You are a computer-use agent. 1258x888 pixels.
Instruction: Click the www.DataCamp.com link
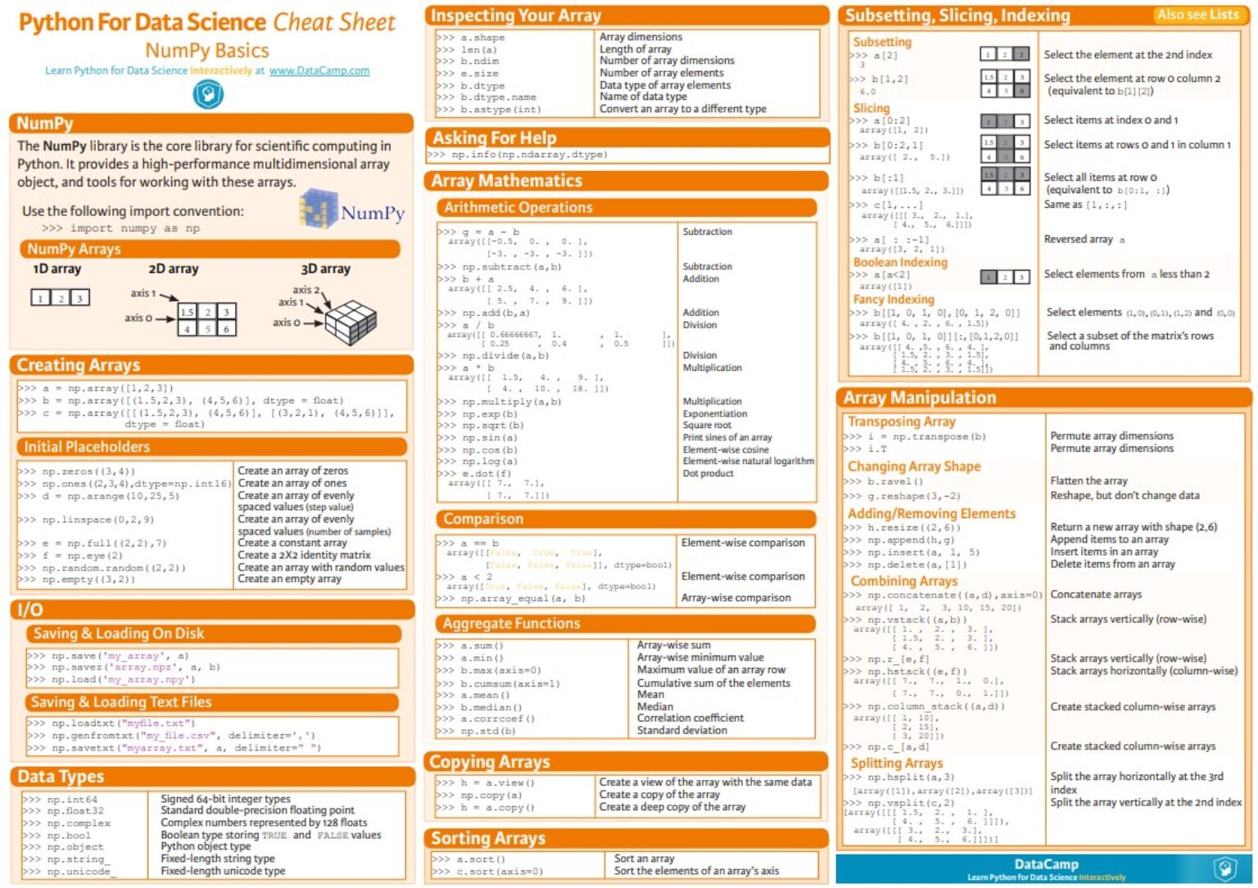coord(319,70)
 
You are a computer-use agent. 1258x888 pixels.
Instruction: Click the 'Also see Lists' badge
coord(1197,15)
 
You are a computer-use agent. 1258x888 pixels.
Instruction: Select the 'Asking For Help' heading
coord(494,137)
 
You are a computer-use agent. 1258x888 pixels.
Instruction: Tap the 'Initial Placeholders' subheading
coord(87,447)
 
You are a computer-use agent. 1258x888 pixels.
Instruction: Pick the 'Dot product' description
coord(708,473)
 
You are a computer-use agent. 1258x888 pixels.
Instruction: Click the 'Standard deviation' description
coord(682,730)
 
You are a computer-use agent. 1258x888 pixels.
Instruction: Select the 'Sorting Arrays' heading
coord(488,838)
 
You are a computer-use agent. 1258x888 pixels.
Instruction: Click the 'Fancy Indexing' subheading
coord(894,300)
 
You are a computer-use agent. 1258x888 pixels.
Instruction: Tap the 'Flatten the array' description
coord(1088,481)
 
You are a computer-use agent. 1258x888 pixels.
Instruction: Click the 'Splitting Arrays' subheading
coord(897,763)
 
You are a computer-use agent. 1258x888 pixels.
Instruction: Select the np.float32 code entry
coord(75,811)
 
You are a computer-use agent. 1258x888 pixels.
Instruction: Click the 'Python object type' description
coord(206,846)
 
